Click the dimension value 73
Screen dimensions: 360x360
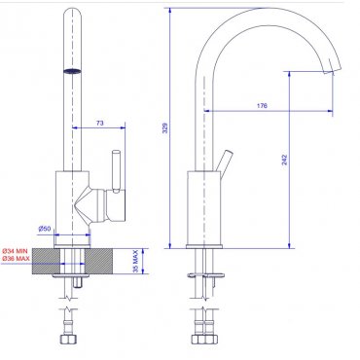100,123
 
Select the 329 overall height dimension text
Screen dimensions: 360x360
164,127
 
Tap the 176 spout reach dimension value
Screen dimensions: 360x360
262,106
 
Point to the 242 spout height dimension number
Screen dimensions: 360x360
284,160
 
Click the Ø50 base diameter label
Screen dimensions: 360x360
45,229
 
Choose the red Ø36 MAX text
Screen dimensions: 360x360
16,259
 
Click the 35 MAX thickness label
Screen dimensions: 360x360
136,261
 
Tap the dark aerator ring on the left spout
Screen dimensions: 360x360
72,72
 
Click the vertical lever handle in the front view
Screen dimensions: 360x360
116,170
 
